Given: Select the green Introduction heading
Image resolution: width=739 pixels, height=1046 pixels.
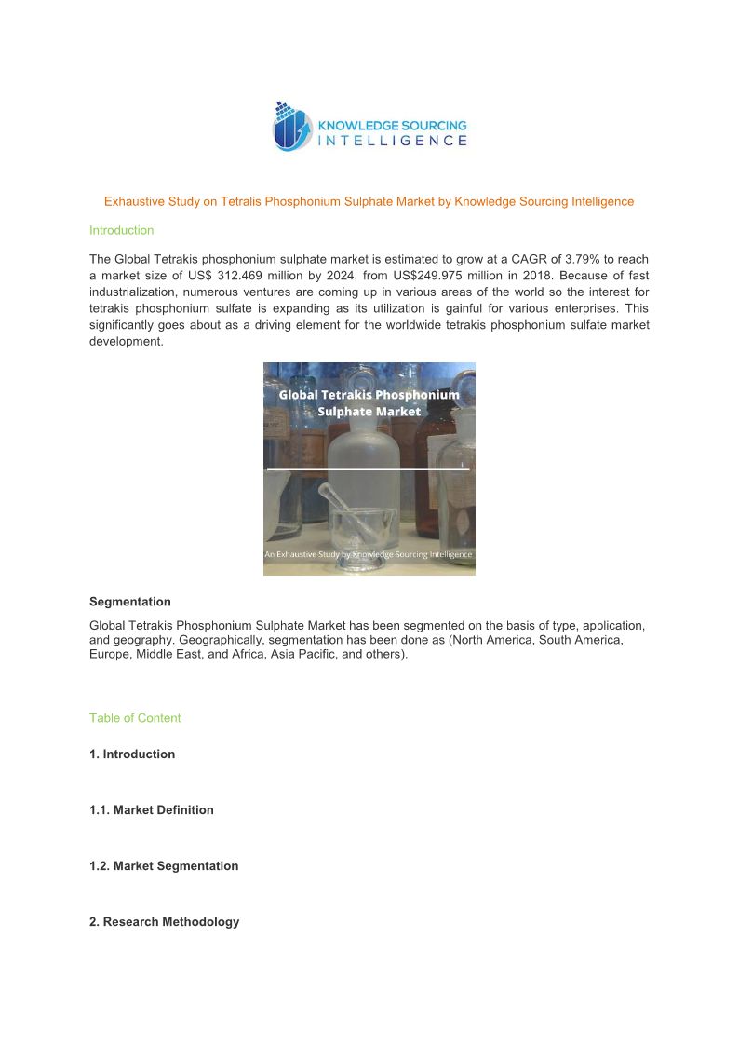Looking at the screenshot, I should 121,230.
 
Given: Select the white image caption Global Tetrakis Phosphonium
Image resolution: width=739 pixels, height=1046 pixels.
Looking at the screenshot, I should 369,394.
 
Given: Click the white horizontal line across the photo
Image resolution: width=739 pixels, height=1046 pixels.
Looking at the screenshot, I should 369,469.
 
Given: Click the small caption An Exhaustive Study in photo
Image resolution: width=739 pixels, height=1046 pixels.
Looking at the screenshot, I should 369,554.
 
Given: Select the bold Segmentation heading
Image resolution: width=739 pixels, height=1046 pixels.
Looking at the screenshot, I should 130,602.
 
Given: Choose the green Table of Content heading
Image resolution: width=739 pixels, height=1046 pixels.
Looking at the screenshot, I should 135,718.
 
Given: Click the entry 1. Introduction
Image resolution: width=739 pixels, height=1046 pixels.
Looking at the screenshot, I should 132,754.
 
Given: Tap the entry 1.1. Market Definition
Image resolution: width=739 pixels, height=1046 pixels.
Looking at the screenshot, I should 152,810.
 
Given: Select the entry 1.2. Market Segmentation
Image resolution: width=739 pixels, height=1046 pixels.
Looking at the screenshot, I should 164,866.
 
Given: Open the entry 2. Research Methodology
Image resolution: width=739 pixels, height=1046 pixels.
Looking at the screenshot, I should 164,922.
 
